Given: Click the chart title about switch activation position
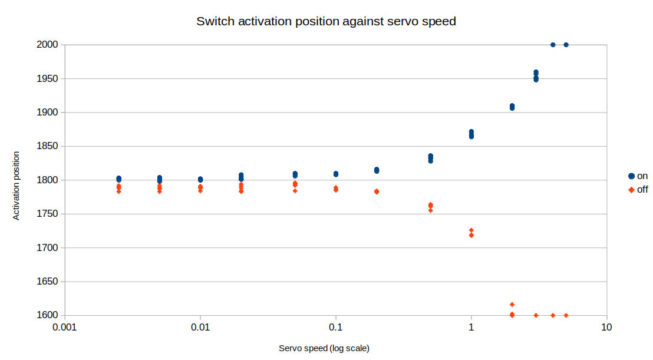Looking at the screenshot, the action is pyautogui.click(x=326, y=21).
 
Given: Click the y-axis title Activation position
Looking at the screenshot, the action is pyautogui.click(x=16, y=186).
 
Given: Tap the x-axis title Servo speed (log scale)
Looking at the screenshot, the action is pyautogui.click(x=324, y=348).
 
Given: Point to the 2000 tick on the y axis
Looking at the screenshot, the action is pyautogui.click(x=48, y=45).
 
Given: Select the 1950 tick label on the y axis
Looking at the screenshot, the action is pyautogui.click(x=48, y=79).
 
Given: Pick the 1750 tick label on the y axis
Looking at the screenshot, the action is pyautogui.click(x=48, y=214).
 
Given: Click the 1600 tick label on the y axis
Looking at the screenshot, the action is pyautogui.click(x=48, y=315).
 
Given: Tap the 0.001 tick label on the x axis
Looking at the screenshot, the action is pyautogui.click(x=65, y=327).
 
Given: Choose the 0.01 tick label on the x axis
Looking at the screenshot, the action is pyautogui.click(x=200, y=327).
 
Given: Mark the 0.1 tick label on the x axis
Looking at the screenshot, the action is pyautogui.click(x=336, y=327).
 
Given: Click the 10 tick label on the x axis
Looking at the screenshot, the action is pyautogui.click(x=607, y=327).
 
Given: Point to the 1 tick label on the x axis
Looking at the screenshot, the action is pyautogui.click(x=471, y=327).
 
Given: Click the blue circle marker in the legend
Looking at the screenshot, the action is pyautogui.click(x=631, y=176).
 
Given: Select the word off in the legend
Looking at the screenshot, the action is pyautogui.click(x=642, y=190).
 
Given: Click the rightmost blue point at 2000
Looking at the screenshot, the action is pyautogui.click(x=566, y=45).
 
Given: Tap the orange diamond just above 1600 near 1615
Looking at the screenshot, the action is pyautogui.click(x=512, y=305).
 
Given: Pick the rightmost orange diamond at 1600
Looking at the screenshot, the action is pyautogui.click(x=566, y=315).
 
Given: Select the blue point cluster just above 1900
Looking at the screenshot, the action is pyautogui.click(x=512, y=107).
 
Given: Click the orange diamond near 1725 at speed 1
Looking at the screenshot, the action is pyautogui.click(x=471, y=230).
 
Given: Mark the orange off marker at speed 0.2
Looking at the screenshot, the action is pyautogui.click(x=377, y=191).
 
